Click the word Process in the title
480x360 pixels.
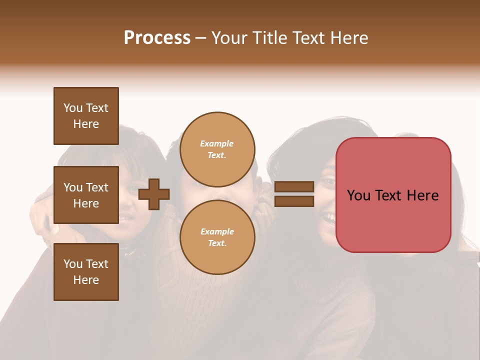pyautogui.click(x=157, y=38)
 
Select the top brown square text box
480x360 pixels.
pyautogui.click(x=86, y=116)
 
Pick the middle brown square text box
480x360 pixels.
pyautogui.click(x=86, y=195)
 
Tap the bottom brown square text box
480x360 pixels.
pyautogui.click(x=86, y=272)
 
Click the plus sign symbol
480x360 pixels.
pyautogui.click(x=154, y=194)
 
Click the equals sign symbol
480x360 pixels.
pyautogui.click(x=294, y=194)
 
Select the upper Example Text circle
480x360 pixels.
pyautogui.click(x=217, y=149)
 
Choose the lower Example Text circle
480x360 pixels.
pyautogui.click(x=217, y=237)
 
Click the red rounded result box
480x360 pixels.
pyautogui.click(x=393, y=195)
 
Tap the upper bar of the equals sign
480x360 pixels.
pyautogui.click(x=294, y=187)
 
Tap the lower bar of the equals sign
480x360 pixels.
pyautogui.click(x=294, y=201)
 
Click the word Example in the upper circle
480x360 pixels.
pyautogui.click(x=217, y=144)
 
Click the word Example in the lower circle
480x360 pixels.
pyautogui.click(x=217, y=232)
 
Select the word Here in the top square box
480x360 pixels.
pyautogui.click(x=86, y=124)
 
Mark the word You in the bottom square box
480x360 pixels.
pyautogui.click(x=72, y=264)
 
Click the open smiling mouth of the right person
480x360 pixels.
pyautogui.click(x=328, y=217)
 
